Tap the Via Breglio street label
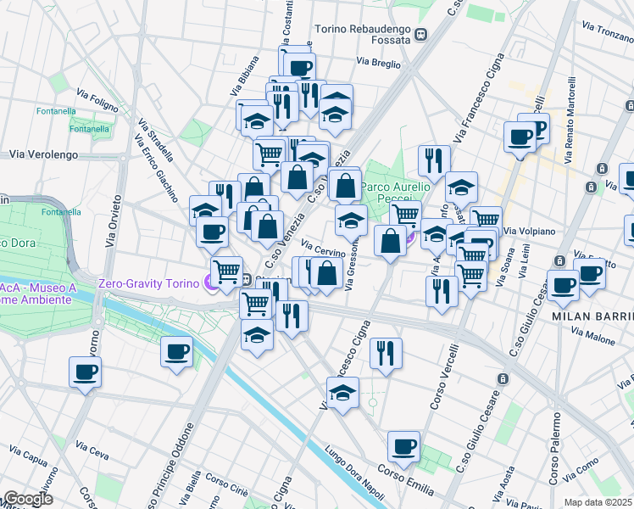[378, 62]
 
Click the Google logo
[27, 499]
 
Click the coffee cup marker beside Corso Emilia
[403, 446]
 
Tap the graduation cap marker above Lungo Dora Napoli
[342, 394]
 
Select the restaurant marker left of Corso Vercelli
[387, 352]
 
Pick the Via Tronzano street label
[603, 31]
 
